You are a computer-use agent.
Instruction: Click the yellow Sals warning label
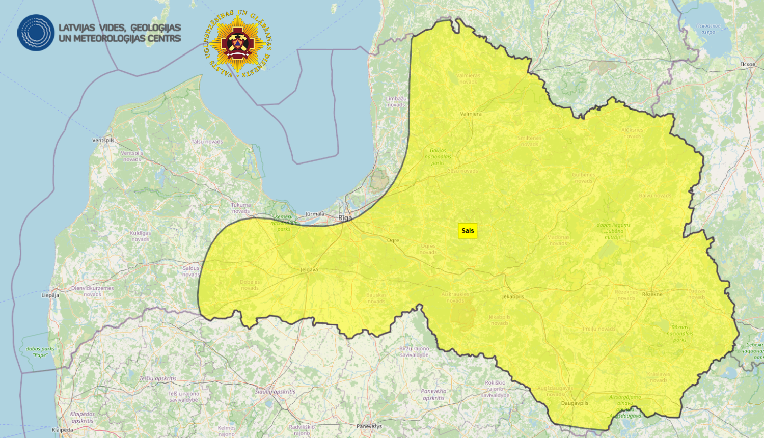coord(468,231)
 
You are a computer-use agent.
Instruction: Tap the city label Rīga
coord(345,218)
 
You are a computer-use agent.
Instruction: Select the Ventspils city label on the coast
coord(103,140)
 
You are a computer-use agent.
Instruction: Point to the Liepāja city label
coord(50,295)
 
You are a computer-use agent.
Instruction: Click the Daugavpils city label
coord(575,403)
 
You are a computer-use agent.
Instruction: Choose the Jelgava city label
coord(309,270)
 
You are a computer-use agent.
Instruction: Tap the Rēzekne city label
coord(652,294)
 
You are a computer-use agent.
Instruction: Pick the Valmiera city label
coord(471,114)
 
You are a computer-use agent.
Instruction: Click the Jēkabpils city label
coord(513,296)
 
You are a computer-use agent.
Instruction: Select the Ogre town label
coord(393,240)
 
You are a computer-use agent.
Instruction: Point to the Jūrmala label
coord(315,214)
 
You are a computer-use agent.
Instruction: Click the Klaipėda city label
coord(63,430)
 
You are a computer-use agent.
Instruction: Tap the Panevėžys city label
coord(369,426)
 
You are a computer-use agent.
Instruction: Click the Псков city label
coord(748,64)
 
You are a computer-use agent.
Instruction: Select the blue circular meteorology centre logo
coord(36,33)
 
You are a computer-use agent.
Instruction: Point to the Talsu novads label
coord(207,142)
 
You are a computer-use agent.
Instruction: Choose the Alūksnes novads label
coord(632,133)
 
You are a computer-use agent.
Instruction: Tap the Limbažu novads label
coord(396,102)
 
